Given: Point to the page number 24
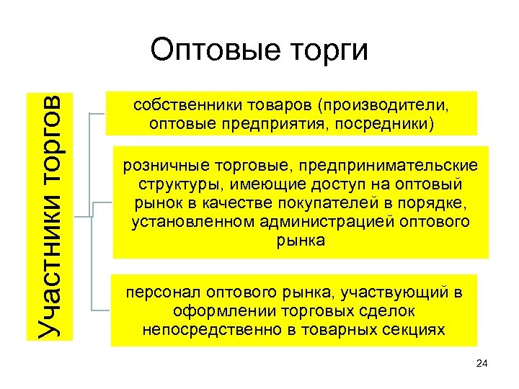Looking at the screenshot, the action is point(482,365).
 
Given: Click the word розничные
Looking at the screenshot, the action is point(159,166).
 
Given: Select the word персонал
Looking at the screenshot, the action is point(162,293).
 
